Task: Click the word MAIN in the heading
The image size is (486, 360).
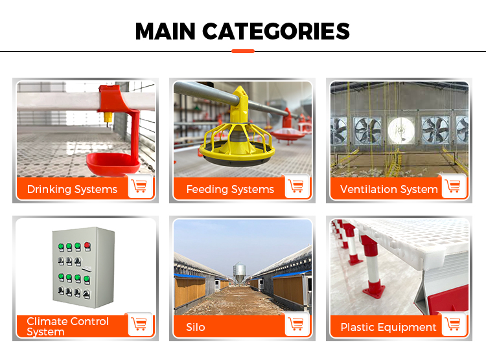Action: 165,31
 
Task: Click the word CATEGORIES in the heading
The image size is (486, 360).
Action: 276,31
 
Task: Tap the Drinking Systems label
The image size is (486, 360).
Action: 72,190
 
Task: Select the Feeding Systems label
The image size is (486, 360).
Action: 230,190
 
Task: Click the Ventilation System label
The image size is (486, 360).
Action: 389,190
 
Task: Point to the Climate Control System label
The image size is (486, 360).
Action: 67,326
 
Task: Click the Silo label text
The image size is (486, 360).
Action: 195,327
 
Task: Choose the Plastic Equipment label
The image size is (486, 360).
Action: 389,327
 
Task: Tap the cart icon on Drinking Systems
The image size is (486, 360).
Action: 139,186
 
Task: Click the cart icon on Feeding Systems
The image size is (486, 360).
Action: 297,186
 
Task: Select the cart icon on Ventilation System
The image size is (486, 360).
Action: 454,186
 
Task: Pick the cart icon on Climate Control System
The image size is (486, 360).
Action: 139,324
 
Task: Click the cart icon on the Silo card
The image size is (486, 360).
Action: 297,324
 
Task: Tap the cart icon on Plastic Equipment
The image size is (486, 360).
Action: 454,324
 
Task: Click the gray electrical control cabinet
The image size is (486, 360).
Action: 83,265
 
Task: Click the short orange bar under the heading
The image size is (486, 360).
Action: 243,51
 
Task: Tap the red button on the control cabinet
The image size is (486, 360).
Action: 86,245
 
